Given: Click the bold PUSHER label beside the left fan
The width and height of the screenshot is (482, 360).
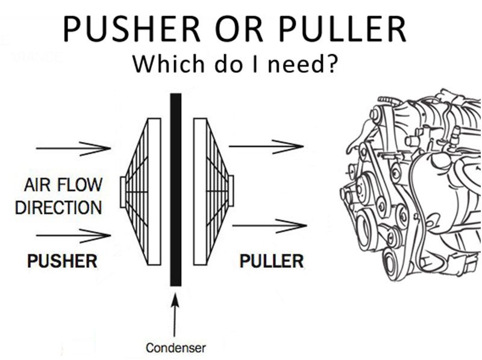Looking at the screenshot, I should [x=62, y=261].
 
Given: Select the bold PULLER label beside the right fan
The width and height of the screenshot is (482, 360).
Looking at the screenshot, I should [x=272, y=261].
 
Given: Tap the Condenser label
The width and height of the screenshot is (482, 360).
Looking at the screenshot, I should [x=176, y=347].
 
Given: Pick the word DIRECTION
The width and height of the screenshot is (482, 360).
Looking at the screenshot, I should [x=58, y=208].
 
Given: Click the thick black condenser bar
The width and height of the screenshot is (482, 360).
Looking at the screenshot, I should [x=175, y=190].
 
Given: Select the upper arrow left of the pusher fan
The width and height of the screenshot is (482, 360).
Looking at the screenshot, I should [x=73, y=147].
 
